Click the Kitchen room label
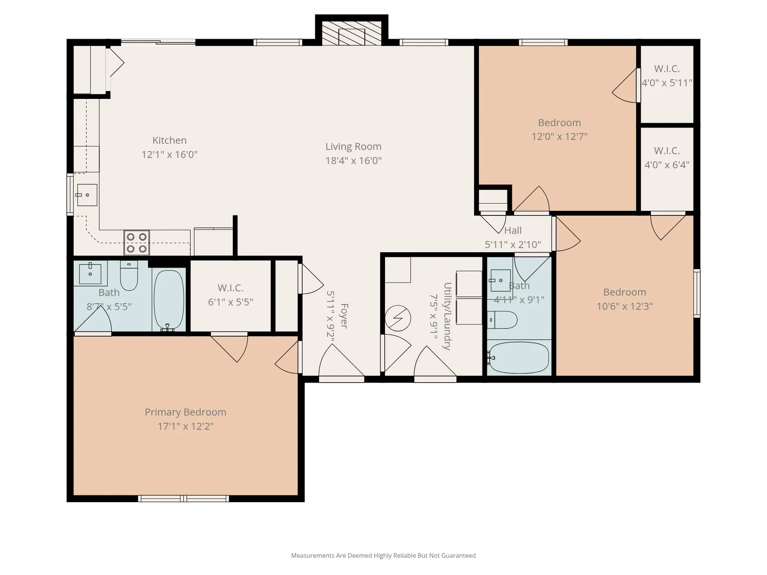[x=170, y=140]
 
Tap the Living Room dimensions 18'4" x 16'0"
[x=354, y=161]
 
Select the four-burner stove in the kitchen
[x=137, y=243]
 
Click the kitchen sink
[x=87, y=195]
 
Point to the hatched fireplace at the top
[x=352, y=33]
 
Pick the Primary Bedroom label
[x=186, y=412]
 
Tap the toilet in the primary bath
[x=129, y=275]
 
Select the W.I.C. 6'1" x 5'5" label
[x=230, y=295]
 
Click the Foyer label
[x=344, y=316]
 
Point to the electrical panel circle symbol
[x=398, y=318]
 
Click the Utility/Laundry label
[x=447, y=316]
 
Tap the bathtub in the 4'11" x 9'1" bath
[x=519, y=358]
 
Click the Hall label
[x=513, y=230]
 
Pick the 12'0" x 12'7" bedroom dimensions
[x=560, y=136]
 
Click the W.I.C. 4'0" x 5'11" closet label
[x=667, y=76]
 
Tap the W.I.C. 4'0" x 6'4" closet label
[x=667, y=158]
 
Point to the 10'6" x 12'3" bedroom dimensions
[x=625, y=306]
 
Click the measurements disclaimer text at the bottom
[x=383, y=555]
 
